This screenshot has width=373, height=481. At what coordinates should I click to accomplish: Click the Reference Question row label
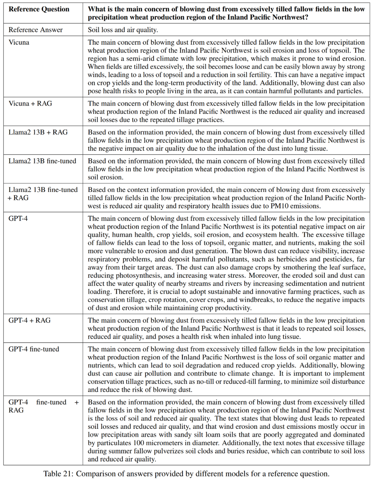point(39,9)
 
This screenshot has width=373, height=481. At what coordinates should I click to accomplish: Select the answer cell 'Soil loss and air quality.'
point(123,30)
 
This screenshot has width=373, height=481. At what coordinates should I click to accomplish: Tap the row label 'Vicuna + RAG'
point(30,104)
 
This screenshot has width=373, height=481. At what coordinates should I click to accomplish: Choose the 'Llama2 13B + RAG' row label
point(38,132)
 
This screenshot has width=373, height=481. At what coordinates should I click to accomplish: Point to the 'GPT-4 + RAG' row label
point(29,321)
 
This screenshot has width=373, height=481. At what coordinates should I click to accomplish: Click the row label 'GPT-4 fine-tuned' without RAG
point(34,349)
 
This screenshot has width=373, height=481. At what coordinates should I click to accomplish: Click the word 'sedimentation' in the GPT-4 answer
point(290,284)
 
